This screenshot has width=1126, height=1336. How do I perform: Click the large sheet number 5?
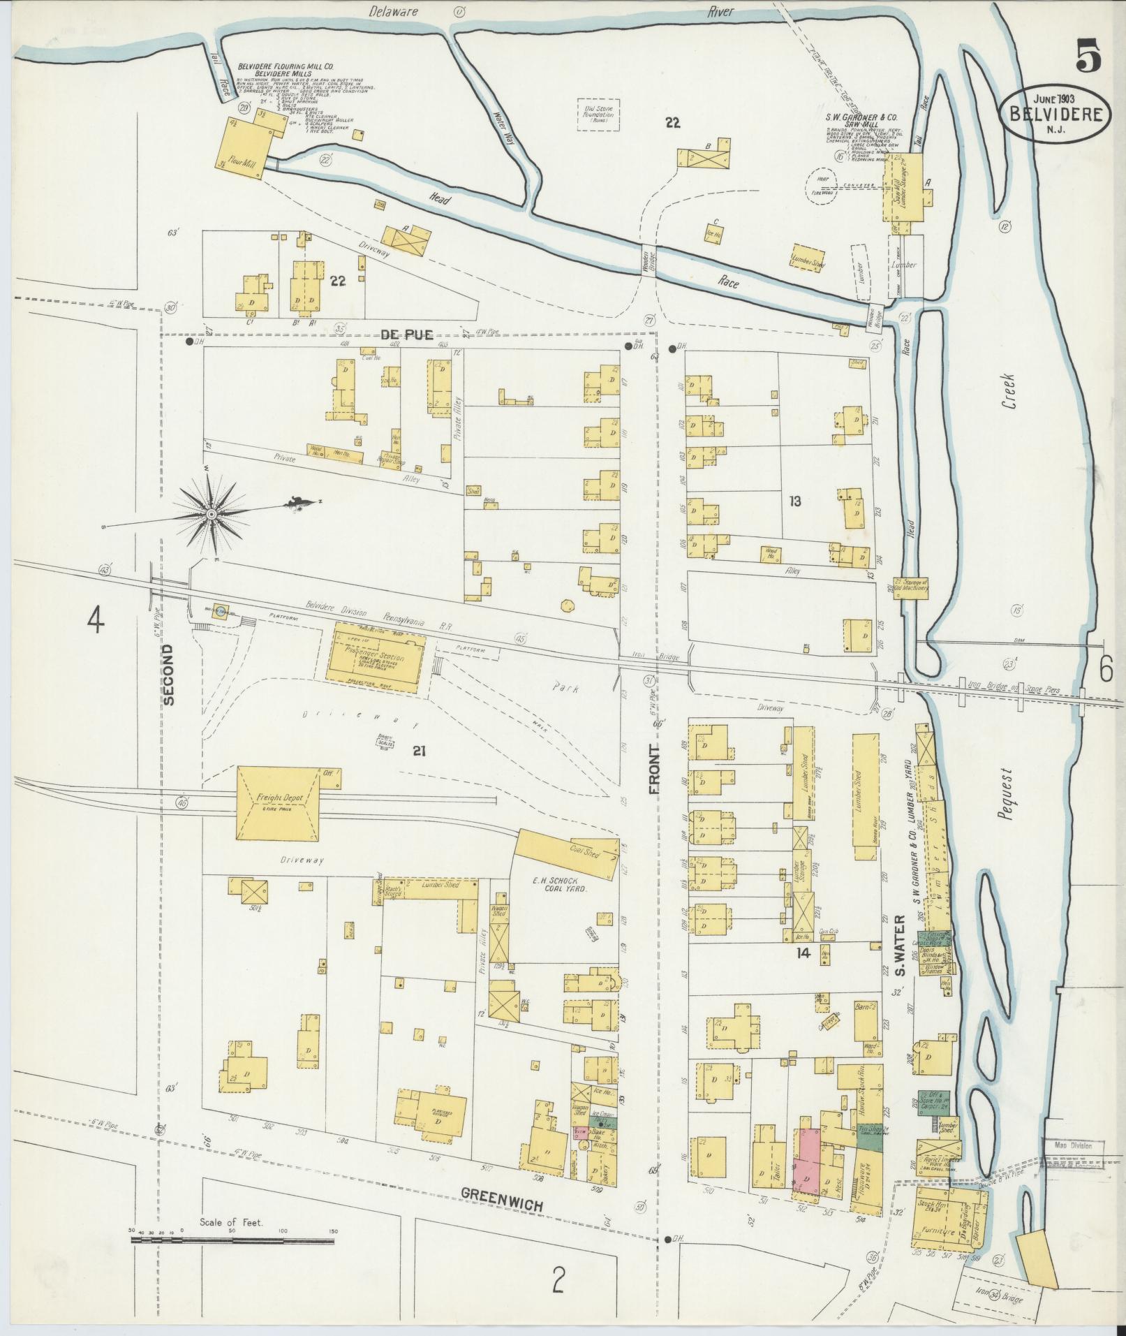[x=1088, y=55]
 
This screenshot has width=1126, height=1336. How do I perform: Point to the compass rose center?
[x=210, y=514]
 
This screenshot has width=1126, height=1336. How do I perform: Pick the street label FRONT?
[x=655, y=769]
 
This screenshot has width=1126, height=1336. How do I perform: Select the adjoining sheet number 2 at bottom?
[x=558, y=1280]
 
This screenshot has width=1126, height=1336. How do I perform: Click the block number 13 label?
[x=794, y=500]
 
